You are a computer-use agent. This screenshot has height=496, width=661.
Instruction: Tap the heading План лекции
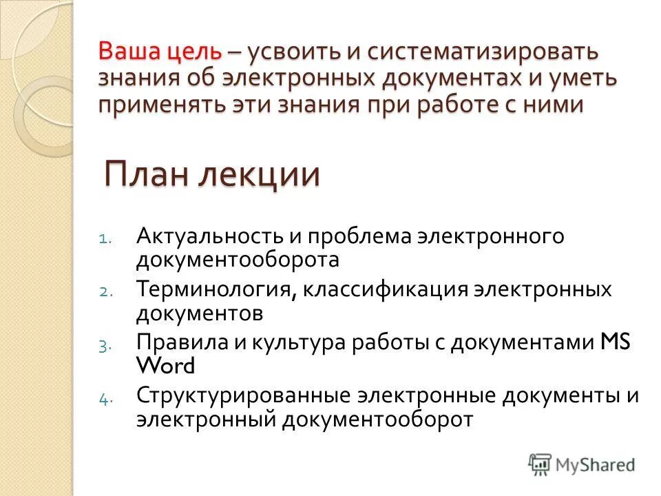212,173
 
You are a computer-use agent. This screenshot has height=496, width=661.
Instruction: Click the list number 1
102,239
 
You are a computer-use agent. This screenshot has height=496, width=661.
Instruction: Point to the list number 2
103,291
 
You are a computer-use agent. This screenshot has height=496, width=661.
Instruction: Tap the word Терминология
215,289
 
